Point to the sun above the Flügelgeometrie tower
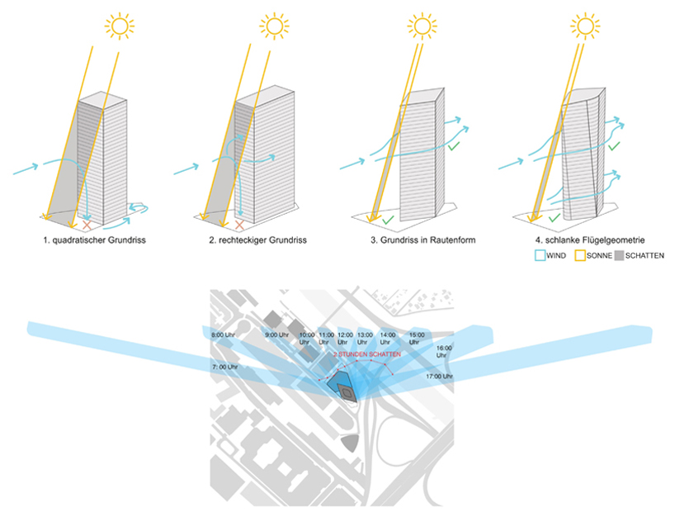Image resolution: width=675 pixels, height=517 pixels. pos(586,26)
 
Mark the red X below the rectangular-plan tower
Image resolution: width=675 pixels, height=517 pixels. pos(239,225)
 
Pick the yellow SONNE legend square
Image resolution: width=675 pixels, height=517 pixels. pos(581,256)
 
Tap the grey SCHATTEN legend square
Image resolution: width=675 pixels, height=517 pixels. pos(621,256)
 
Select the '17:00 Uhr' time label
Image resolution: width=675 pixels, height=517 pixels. pos(440,377)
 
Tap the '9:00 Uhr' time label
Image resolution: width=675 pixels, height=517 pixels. pos(277,334)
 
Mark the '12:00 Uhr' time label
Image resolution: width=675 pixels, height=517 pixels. pos(346,338)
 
